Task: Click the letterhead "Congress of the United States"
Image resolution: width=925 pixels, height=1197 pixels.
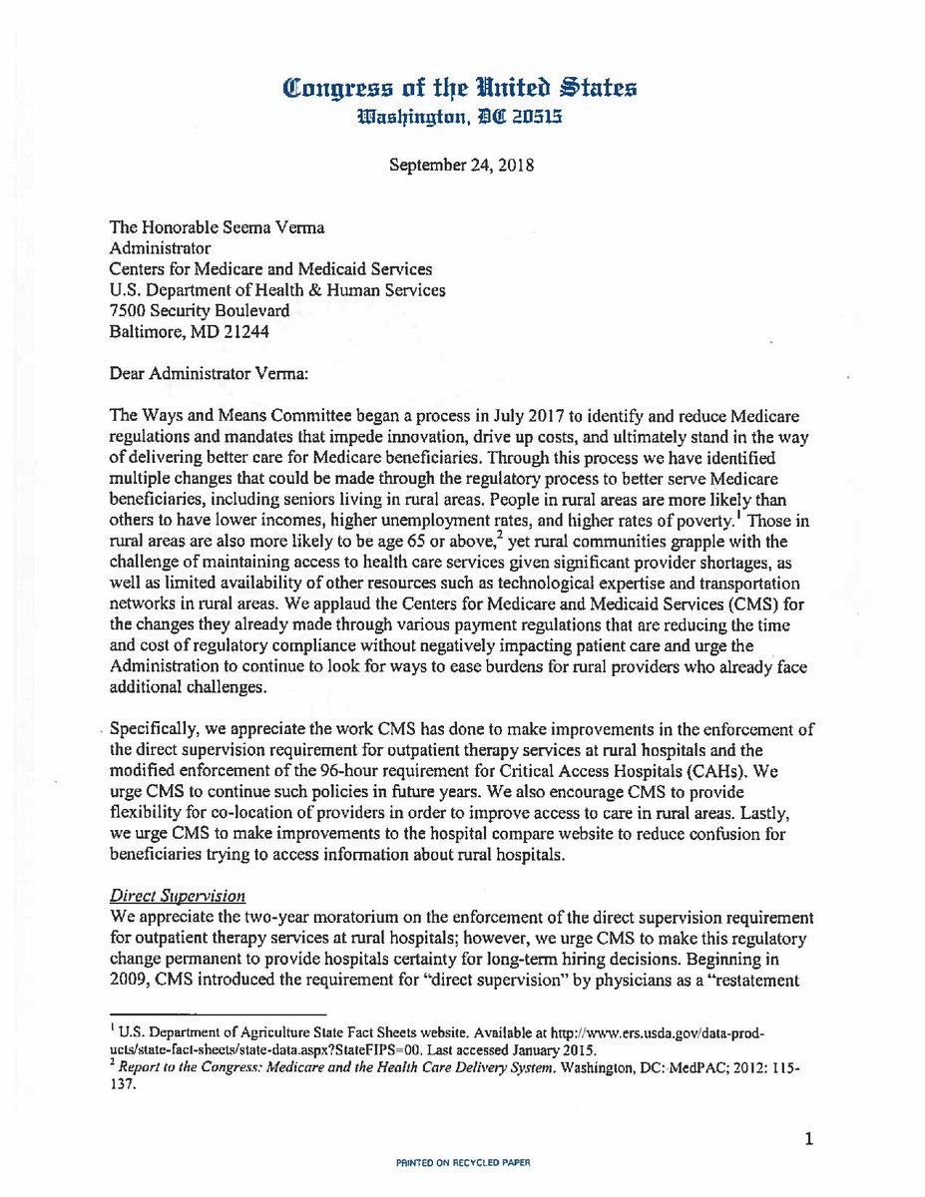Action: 461,87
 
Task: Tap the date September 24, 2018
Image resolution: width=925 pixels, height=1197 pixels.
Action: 461,165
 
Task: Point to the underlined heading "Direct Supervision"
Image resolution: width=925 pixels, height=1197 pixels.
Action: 193,897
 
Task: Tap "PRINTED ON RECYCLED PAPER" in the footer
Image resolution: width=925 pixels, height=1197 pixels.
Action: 461,1161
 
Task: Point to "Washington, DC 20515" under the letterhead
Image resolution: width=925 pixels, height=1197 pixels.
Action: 461,116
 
